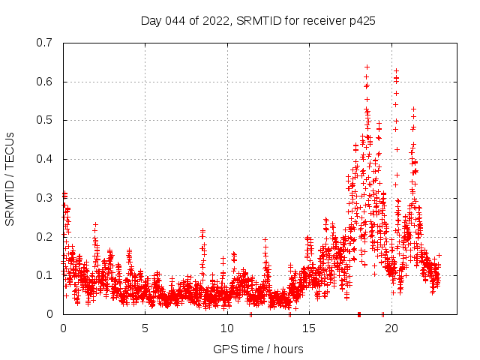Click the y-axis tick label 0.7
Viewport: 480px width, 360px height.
46,43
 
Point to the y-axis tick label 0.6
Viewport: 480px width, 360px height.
46,82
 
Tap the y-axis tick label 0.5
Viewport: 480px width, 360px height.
46,120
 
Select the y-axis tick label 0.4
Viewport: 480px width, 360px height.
46,159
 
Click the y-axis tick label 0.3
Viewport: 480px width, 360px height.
46,198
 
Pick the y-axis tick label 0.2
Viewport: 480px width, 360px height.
46,237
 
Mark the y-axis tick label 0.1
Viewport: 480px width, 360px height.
46,275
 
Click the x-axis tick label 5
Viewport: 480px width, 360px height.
145,328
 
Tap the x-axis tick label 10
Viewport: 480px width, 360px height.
227,328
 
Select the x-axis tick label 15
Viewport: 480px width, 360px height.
309,328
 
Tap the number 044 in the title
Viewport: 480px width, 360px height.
175,21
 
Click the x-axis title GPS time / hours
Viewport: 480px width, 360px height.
258,349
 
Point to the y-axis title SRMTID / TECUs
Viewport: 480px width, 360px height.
10,178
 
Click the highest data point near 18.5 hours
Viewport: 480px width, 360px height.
367,67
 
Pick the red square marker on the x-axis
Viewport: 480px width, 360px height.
359,314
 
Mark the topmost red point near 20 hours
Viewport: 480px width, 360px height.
396,70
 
